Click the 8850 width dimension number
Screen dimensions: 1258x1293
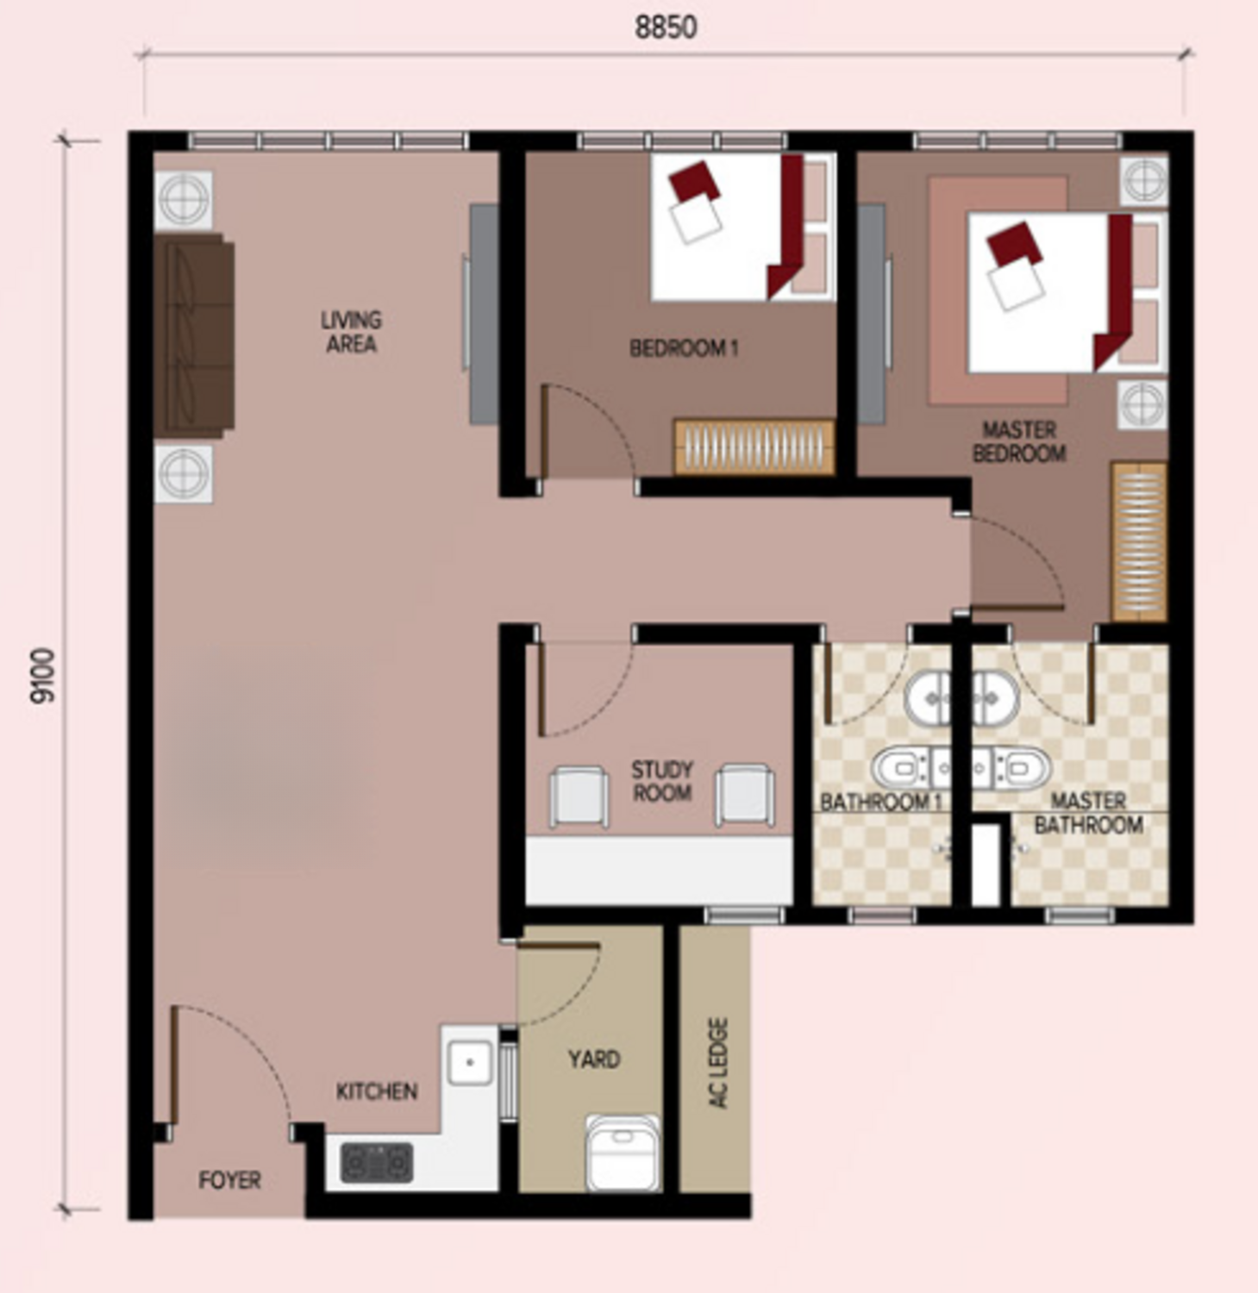[x=666, y=28]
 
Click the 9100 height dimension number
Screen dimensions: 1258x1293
[x=42, y=676]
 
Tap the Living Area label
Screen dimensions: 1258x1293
[x=351, y=332]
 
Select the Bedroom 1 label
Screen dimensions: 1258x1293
[x=684, y=348]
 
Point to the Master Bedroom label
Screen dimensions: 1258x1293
[x=1019, y=441]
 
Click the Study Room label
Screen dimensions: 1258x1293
[x=662, y=781]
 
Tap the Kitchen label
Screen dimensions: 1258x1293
[x=377, y=1091]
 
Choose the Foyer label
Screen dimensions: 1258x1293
[x=229, y=1180]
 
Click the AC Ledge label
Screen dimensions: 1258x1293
[x=717, y=1063]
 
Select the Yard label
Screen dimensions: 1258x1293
[x=594, y=1059]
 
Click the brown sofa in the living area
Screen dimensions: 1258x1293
[x=194, y=335]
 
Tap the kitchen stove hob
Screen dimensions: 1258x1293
[x=377, y=1162]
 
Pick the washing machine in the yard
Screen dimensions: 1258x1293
[x=623, y=1153]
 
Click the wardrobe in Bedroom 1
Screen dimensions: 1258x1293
[x=754, y=447]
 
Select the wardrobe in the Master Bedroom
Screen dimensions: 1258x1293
[x=1139, y=541]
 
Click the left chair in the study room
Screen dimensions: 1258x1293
[x=579, y=796]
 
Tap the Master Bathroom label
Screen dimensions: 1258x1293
[x=1089, y=813]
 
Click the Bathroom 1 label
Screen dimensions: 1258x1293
[x=880, y=803]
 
